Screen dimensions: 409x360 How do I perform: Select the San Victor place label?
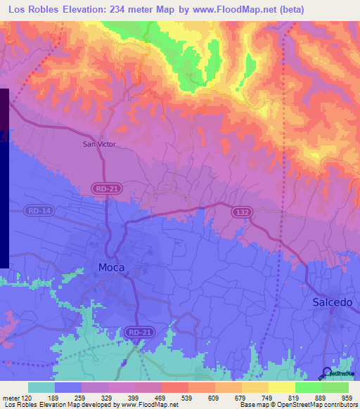[x=99, y=144]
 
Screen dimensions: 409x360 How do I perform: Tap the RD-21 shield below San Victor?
[x=105, y=188]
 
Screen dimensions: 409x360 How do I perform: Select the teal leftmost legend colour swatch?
[x=41, y=387]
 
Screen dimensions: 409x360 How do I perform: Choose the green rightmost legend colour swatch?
[x=335, y=387]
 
